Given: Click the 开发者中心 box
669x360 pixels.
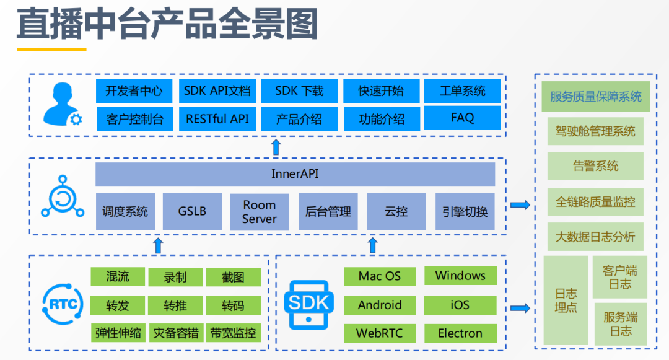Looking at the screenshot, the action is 134,90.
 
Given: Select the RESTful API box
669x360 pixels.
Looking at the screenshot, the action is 217,119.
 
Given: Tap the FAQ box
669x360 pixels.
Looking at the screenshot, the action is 462,118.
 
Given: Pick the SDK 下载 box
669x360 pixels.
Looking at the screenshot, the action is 299,90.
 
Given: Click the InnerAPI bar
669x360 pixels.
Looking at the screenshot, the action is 295,174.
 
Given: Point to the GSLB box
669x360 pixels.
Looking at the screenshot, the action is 192,211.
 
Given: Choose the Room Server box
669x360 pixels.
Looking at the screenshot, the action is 260,212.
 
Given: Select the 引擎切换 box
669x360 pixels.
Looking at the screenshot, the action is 465,211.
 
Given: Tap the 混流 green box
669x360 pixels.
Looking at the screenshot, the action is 118,276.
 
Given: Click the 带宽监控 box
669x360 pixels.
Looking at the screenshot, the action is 233,333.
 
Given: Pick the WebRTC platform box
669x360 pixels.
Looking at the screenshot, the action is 380,333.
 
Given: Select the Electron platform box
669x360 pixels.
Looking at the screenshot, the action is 460,333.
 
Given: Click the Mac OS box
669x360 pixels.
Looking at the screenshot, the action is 380,276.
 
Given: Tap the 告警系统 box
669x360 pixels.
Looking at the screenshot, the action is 595,166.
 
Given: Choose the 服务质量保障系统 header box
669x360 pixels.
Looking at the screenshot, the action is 596,97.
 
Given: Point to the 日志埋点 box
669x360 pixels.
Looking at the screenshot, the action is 566,301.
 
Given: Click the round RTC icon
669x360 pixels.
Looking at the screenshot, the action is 63,304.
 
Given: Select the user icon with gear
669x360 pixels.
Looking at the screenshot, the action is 63,105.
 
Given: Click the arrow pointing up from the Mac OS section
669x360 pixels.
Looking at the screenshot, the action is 372,245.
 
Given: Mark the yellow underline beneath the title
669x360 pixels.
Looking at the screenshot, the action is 51,50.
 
